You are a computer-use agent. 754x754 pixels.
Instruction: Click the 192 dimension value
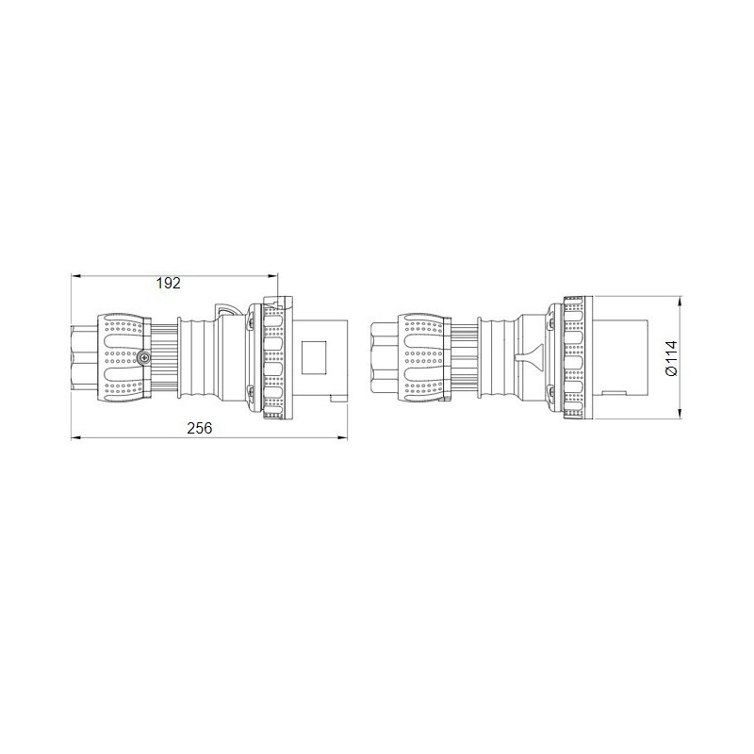coord(169,283)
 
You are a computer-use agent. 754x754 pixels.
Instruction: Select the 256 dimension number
coord(199,428)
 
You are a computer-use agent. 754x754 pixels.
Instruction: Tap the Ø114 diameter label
coord(670,359)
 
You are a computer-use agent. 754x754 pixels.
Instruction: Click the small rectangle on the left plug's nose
coord(314,359)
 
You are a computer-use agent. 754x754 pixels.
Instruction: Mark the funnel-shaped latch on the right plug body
coord(529,358)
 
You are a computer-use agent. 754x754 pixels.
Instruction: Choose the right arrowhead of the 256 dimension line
coord(344,438)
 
